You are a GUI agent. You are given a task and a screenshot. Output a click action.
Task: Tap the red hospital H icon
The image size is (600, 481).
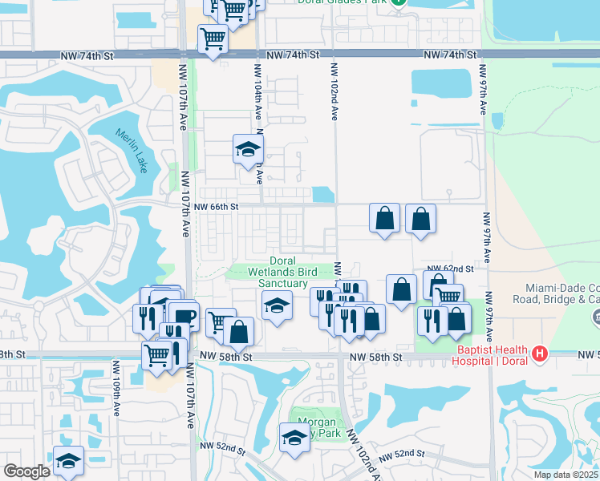click(x=540, y=352)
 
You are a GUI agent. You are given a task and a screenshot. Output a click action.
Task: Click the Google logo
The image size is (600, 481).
click(x=26, y=471)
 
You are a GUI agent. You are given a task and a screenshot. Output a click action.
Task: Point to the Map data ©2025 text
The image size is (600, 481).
click(x=564, y=475)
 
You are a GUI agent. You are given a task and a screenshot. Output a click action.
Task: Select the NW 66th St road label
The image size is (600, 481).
click(x=217, y=207)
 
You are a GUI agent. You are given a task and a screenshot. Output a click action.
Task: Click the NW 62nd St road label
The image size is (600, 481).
click(x=451, y=269)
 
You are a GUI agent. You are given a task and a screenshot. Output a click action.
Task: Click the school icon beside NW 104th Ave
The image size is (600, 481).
click(x=249, y=148)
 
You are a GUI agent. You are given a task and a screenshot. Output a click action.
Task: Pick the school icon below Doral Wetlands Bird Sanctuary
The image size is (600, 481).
click(x=277, y=305)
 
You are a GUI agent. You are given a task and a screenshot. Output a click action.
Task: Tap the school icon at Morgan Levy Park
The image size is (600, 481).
click(x=294, y=438)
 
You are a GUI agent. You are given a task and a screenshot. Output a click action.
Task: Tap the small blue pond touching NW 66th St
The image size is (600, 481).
click(x=322, y=194)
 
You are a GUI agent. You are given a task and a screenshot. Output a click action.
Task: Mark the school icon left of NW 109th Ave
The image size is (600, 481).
click(x=69, y=462)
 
